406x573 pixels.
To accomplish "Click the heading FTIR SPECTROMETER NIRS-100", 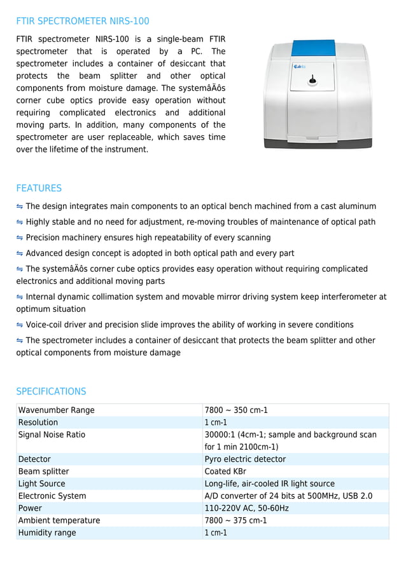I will pos(83,21).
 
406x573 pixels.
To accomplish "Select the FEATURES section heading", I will pos(39,188).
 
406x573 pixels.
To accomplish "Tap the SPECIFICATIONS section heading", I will pos(51,391).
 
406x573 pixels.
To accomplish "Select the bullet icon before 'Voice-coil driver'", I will pos(20,325).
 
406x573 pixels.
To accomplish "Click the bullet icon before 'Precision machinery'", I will pos(20,238).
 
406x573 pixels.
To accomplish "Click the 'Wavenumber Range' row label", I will pos(56,410).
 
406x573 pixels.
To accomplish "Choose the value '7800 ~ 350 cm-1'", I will pos(236,410).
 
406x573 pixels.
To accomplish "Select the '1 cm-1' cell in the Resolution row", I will pos(216,422).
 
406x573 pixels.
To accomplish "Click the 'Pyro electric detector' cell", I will pos(245,459).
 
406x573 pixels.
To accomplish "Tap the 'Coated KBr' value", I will pos(225,471).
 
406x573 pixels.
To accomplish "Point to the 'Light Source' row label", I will pos(41,483).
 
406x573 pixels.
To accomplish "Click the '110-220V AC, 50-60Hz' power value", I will pos(246,508).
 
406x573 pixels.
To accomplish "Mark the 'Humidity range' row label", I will pos(47,532).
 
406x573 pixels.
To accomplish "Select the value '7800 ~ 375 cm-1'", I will pos(236,520).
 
